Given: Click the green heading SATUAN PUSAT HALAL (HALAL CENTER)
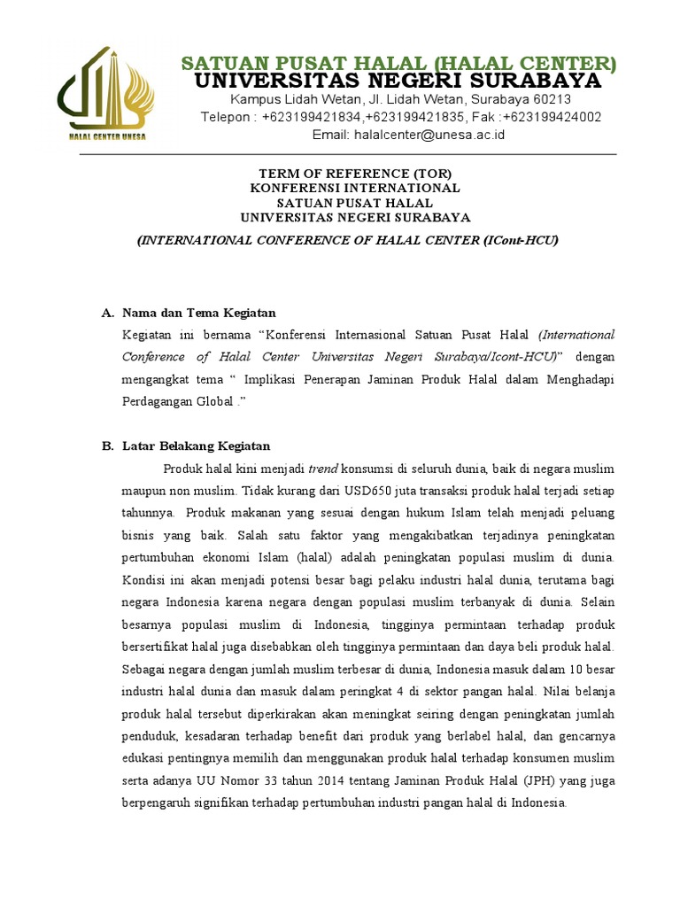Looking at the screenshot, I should [x=398, y=63].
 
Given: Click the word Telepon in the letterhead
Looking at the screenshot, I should [x=228, y=117].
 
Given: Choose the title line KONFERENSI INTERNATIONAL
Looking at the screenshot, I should [x=354, y=188].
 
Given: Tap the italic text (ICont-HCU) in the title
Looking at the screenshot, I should [x=522, y=240].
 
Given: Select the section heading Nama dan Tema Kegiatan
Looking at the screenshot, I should [x=199, y=313].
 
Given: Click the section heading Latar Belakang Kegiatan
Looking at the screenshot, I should [x=196, y=446].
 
